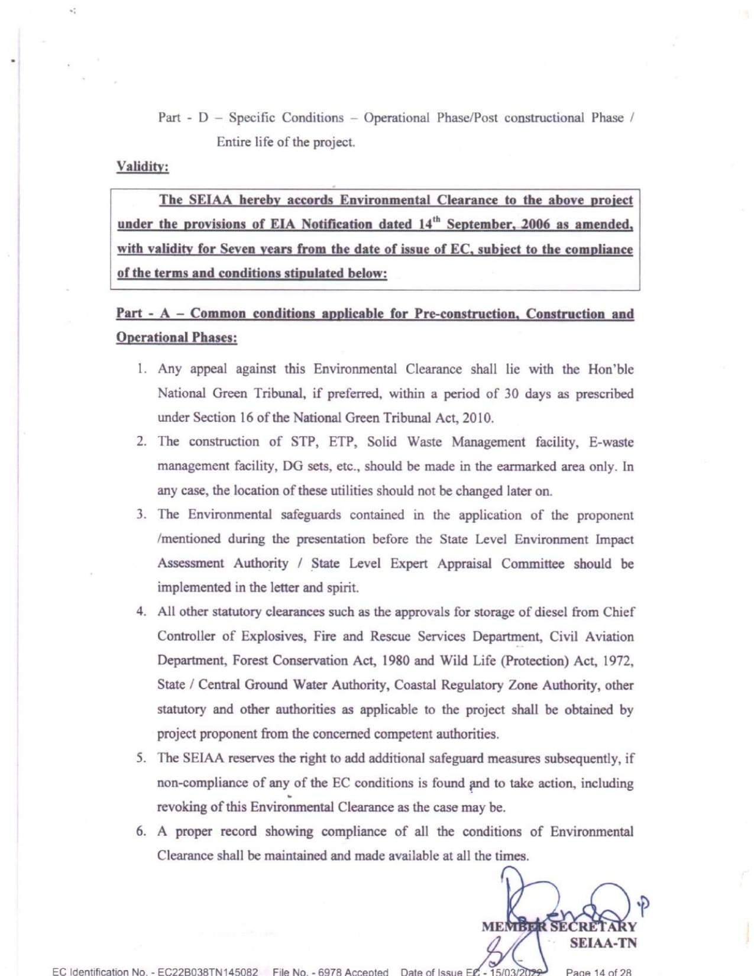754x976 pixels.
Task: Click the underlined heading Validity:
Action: coord(143,166)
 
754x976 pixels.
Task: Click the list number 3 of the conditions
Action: coord(141,514)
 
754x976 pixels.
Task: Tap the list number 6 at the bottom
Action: coord(141,831)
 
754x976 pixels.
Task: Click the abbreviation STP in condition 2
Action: coord(303,442)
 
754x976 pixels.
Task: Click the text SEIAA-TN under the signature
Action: coord(603,943)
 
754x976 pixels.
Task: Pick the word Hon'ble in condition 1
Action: coord(610,369)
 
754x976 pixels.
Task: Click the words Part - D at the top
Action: coord(183,118)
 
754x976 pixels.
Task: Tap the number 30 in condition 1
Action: coord(512,393)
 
